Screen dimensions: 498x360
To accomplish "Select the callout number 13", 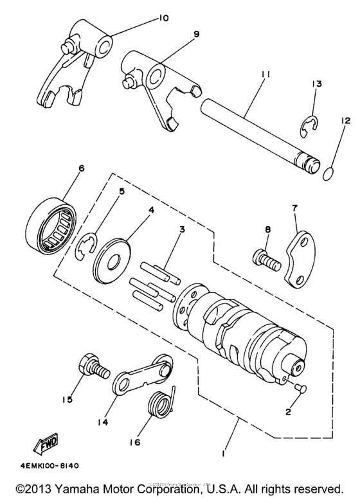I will coord(316,84).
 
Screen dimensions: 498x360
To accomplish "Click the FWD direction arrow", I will coord(40,444).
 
